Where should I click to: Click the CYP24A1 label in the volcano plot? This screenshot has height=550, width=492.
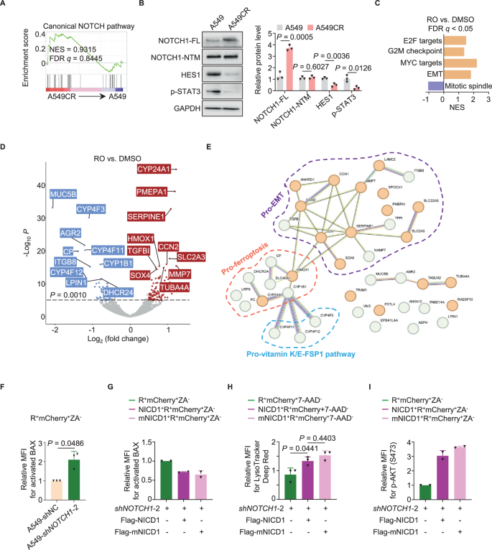(x=152, y=170)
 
